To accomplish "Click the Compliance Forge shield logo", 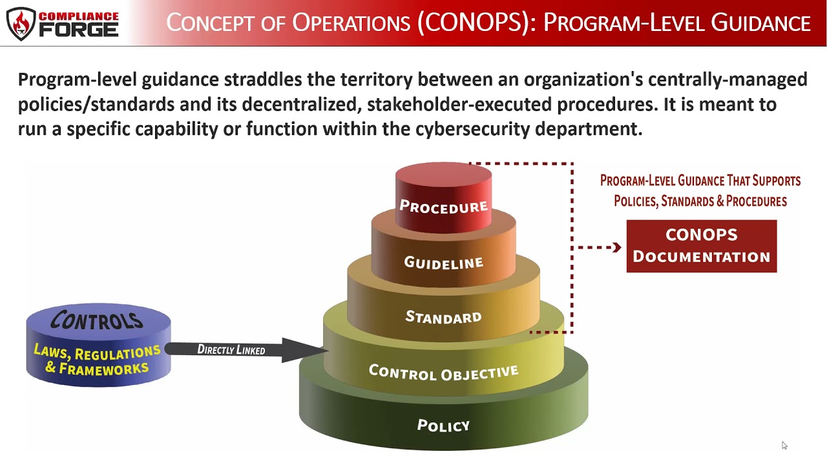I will pyautogui.click(x=21, y=23).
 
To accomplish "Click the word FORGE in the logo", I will pyautogui.click(x=79, y=30).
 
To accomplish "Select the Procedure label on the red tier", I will pyautogui.click(x=443, y=207).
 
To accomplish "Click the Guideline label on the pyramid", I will pyautogui.click(x=443, y=263).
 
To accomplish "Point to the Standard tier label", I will pyautogui.click(x=443, y=317).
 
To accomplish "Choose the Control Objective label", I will pyautogui.click(x=443, y=372).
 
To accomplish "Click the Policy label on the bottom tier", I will pyautogui.click(x=443, y=426).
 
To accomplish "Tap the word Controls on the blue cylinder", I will pyautogui.click(x=97, y=320).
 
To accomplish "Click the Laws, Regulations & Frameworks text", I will pyautogui.click(x=97, y=360).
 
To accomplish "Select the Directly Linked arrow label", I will pyautogui.click(x=231, y=349).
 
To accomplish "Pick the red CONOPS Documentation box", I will pyautogui.click(x=701, y=246).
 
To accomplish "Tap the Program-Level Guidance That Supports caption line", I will pyautogui.click(x=700, y=181).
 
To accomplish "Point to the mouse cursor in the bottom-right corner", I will pyautogui.click(x=784, y=445).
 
